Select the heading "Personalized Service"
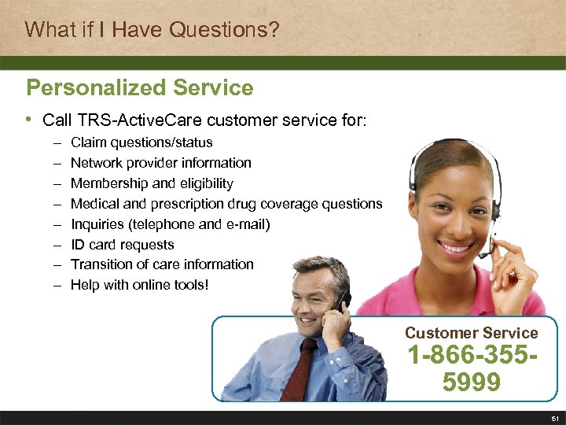[x=140, y=87]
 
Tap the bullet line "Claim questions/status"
[x=141, y=142]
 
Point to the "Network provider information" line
[x=161, y=163]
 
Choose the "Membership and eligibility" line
[x=152, y=183]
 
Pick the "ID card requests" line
[x=123, y=245]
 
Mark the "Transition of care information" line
[x=162, y=264]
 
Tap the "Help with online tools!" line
[x=140, y=285]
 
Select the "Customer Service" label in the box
[x=471, y=333]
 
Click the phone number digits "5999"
[x=471, y=382]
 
